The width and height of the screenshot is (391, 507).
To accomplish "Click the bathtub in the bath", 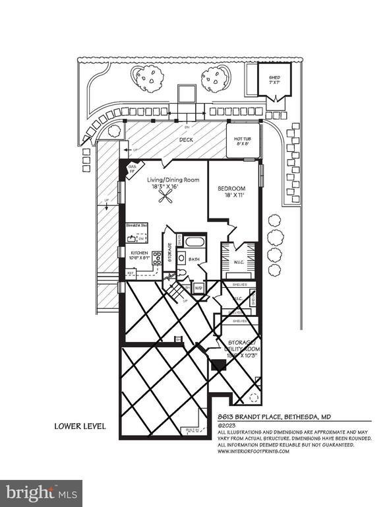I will click(x=195, y=242).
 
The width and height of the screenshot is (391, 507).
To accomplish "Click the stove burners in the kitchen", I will click(x=158, y=257).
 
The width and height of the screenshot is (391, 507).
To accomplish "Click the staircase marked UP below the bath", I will click(x=175, y=290).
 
